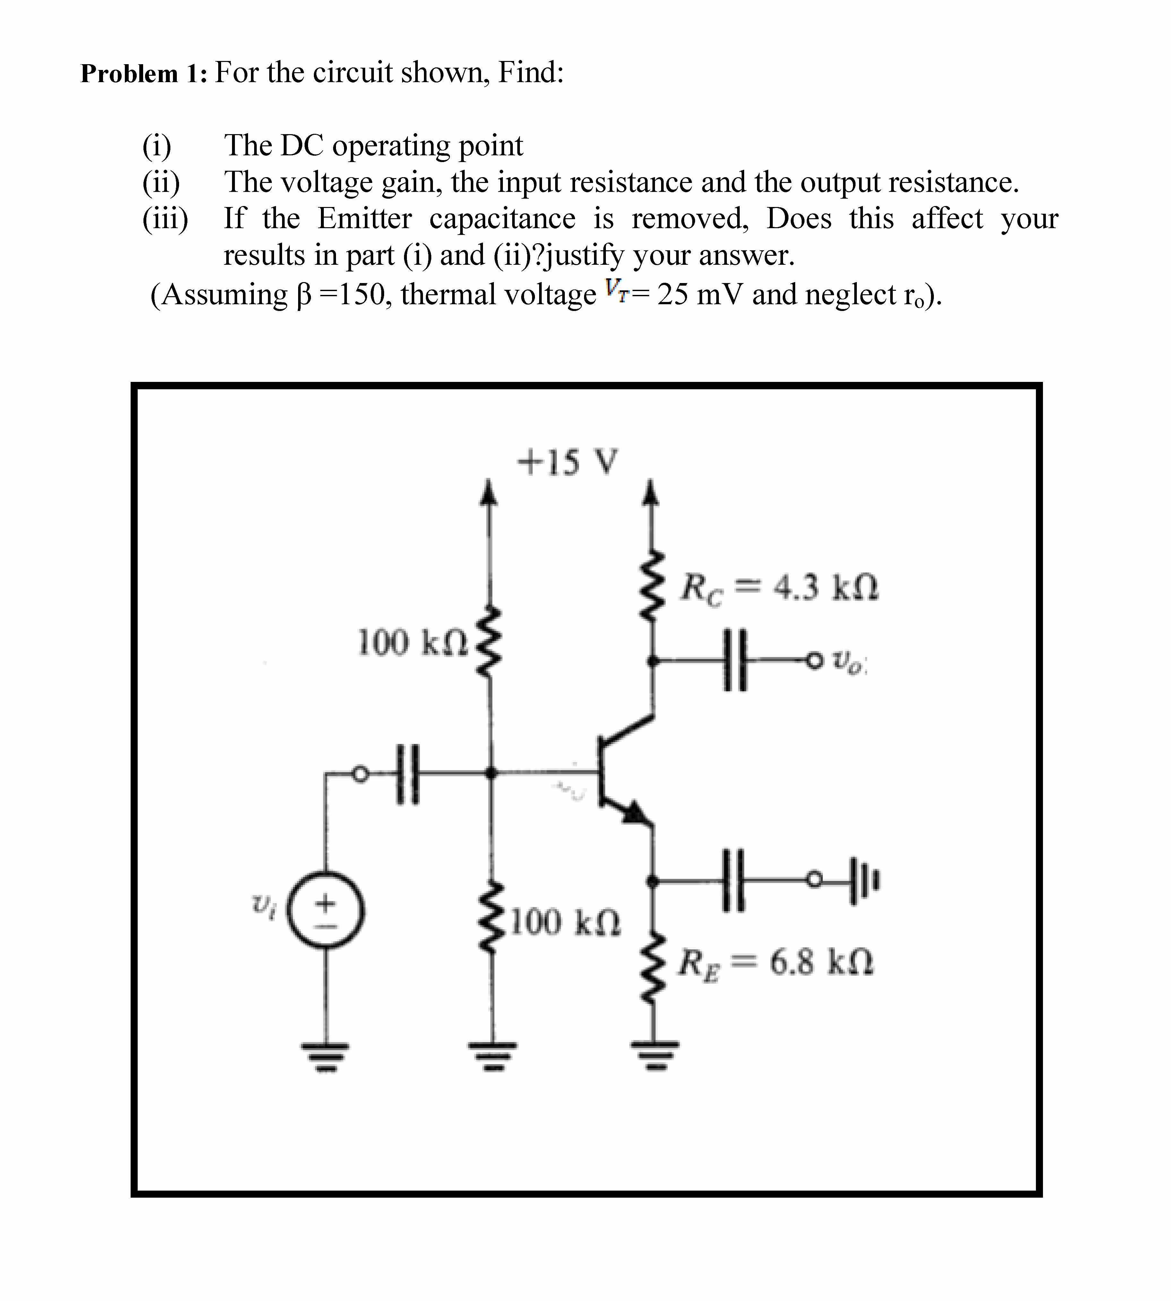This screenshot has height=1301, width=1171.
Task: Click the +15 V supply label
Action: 568,462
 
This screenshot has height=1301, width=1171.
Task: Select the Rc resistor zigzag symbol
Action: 654,586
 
